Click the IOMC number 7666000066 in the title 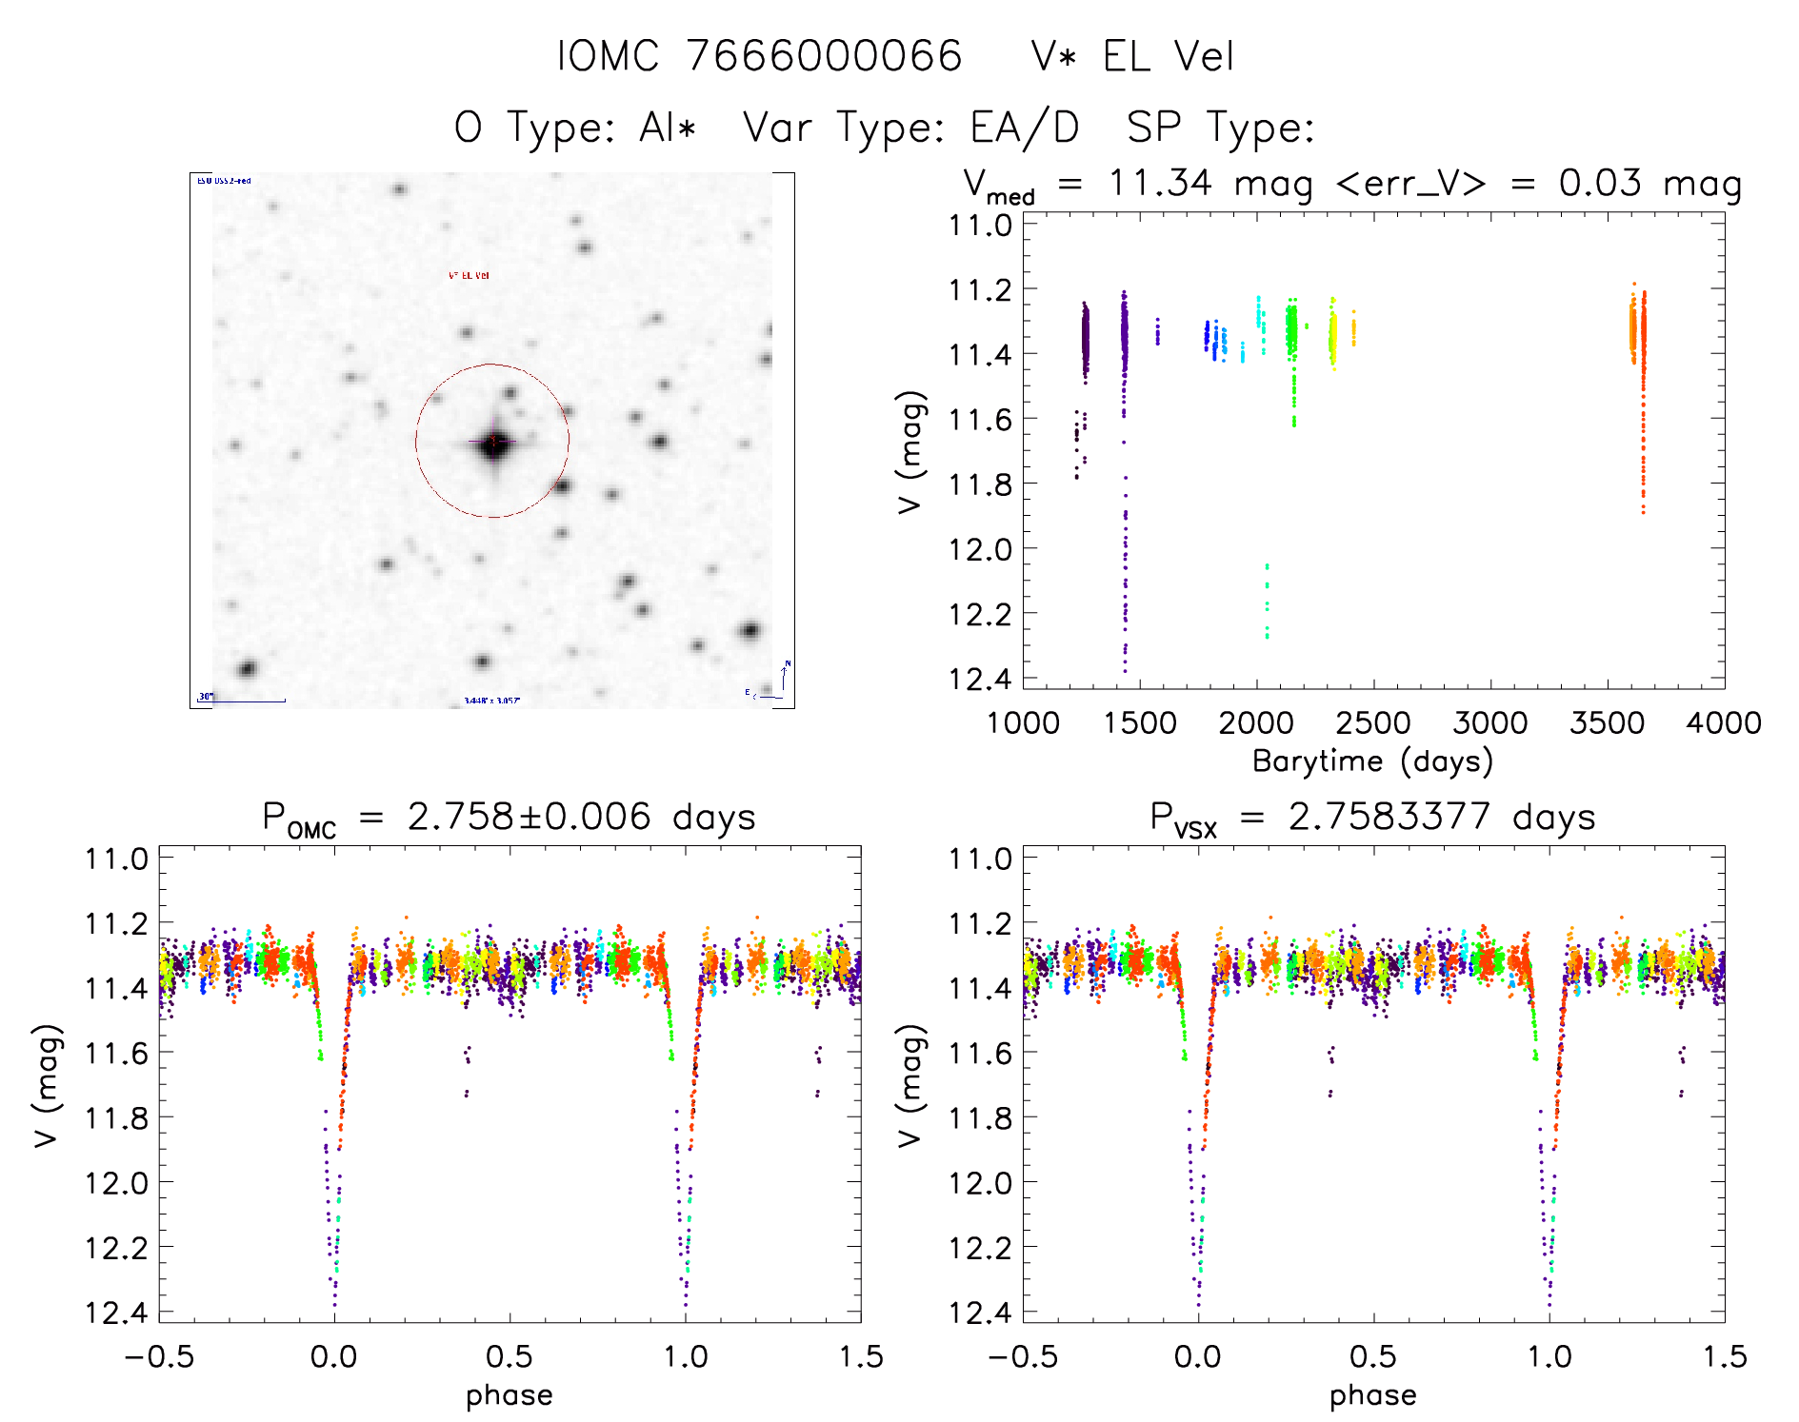coord(824,56)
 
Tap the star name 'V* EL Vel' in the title coord(1132,56)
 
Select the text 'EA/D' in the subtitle coord(1025,128)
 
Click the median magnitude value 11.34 coord(1160,183)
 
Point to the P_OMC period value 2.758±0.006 coord(529,817)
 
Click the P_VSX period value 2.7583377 coord(1389,817)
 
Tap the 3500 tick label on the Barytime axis coord(1607,722)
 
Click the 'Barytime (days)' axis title coord(1372,761)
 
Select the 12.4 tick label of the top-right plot coord(980,679)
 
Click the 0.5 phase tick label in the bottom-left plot coord(510,1356)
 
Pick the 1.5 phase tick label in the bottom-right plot coord(1724,1356)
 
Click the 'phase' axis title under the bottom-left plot coord(510,1395)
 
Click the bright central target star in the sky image coord(493,443)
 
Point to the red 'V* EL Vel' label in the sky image coord(469,276)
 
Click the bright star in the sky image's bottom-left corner coord(248,668)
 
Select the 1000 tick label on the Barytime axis coord(1023,722)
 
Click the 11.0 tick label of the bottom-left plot coord(116,859)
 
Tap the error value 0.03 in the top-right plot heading coord(1600,183)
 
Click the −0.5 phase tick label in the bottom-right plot coord(1023,1356)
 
